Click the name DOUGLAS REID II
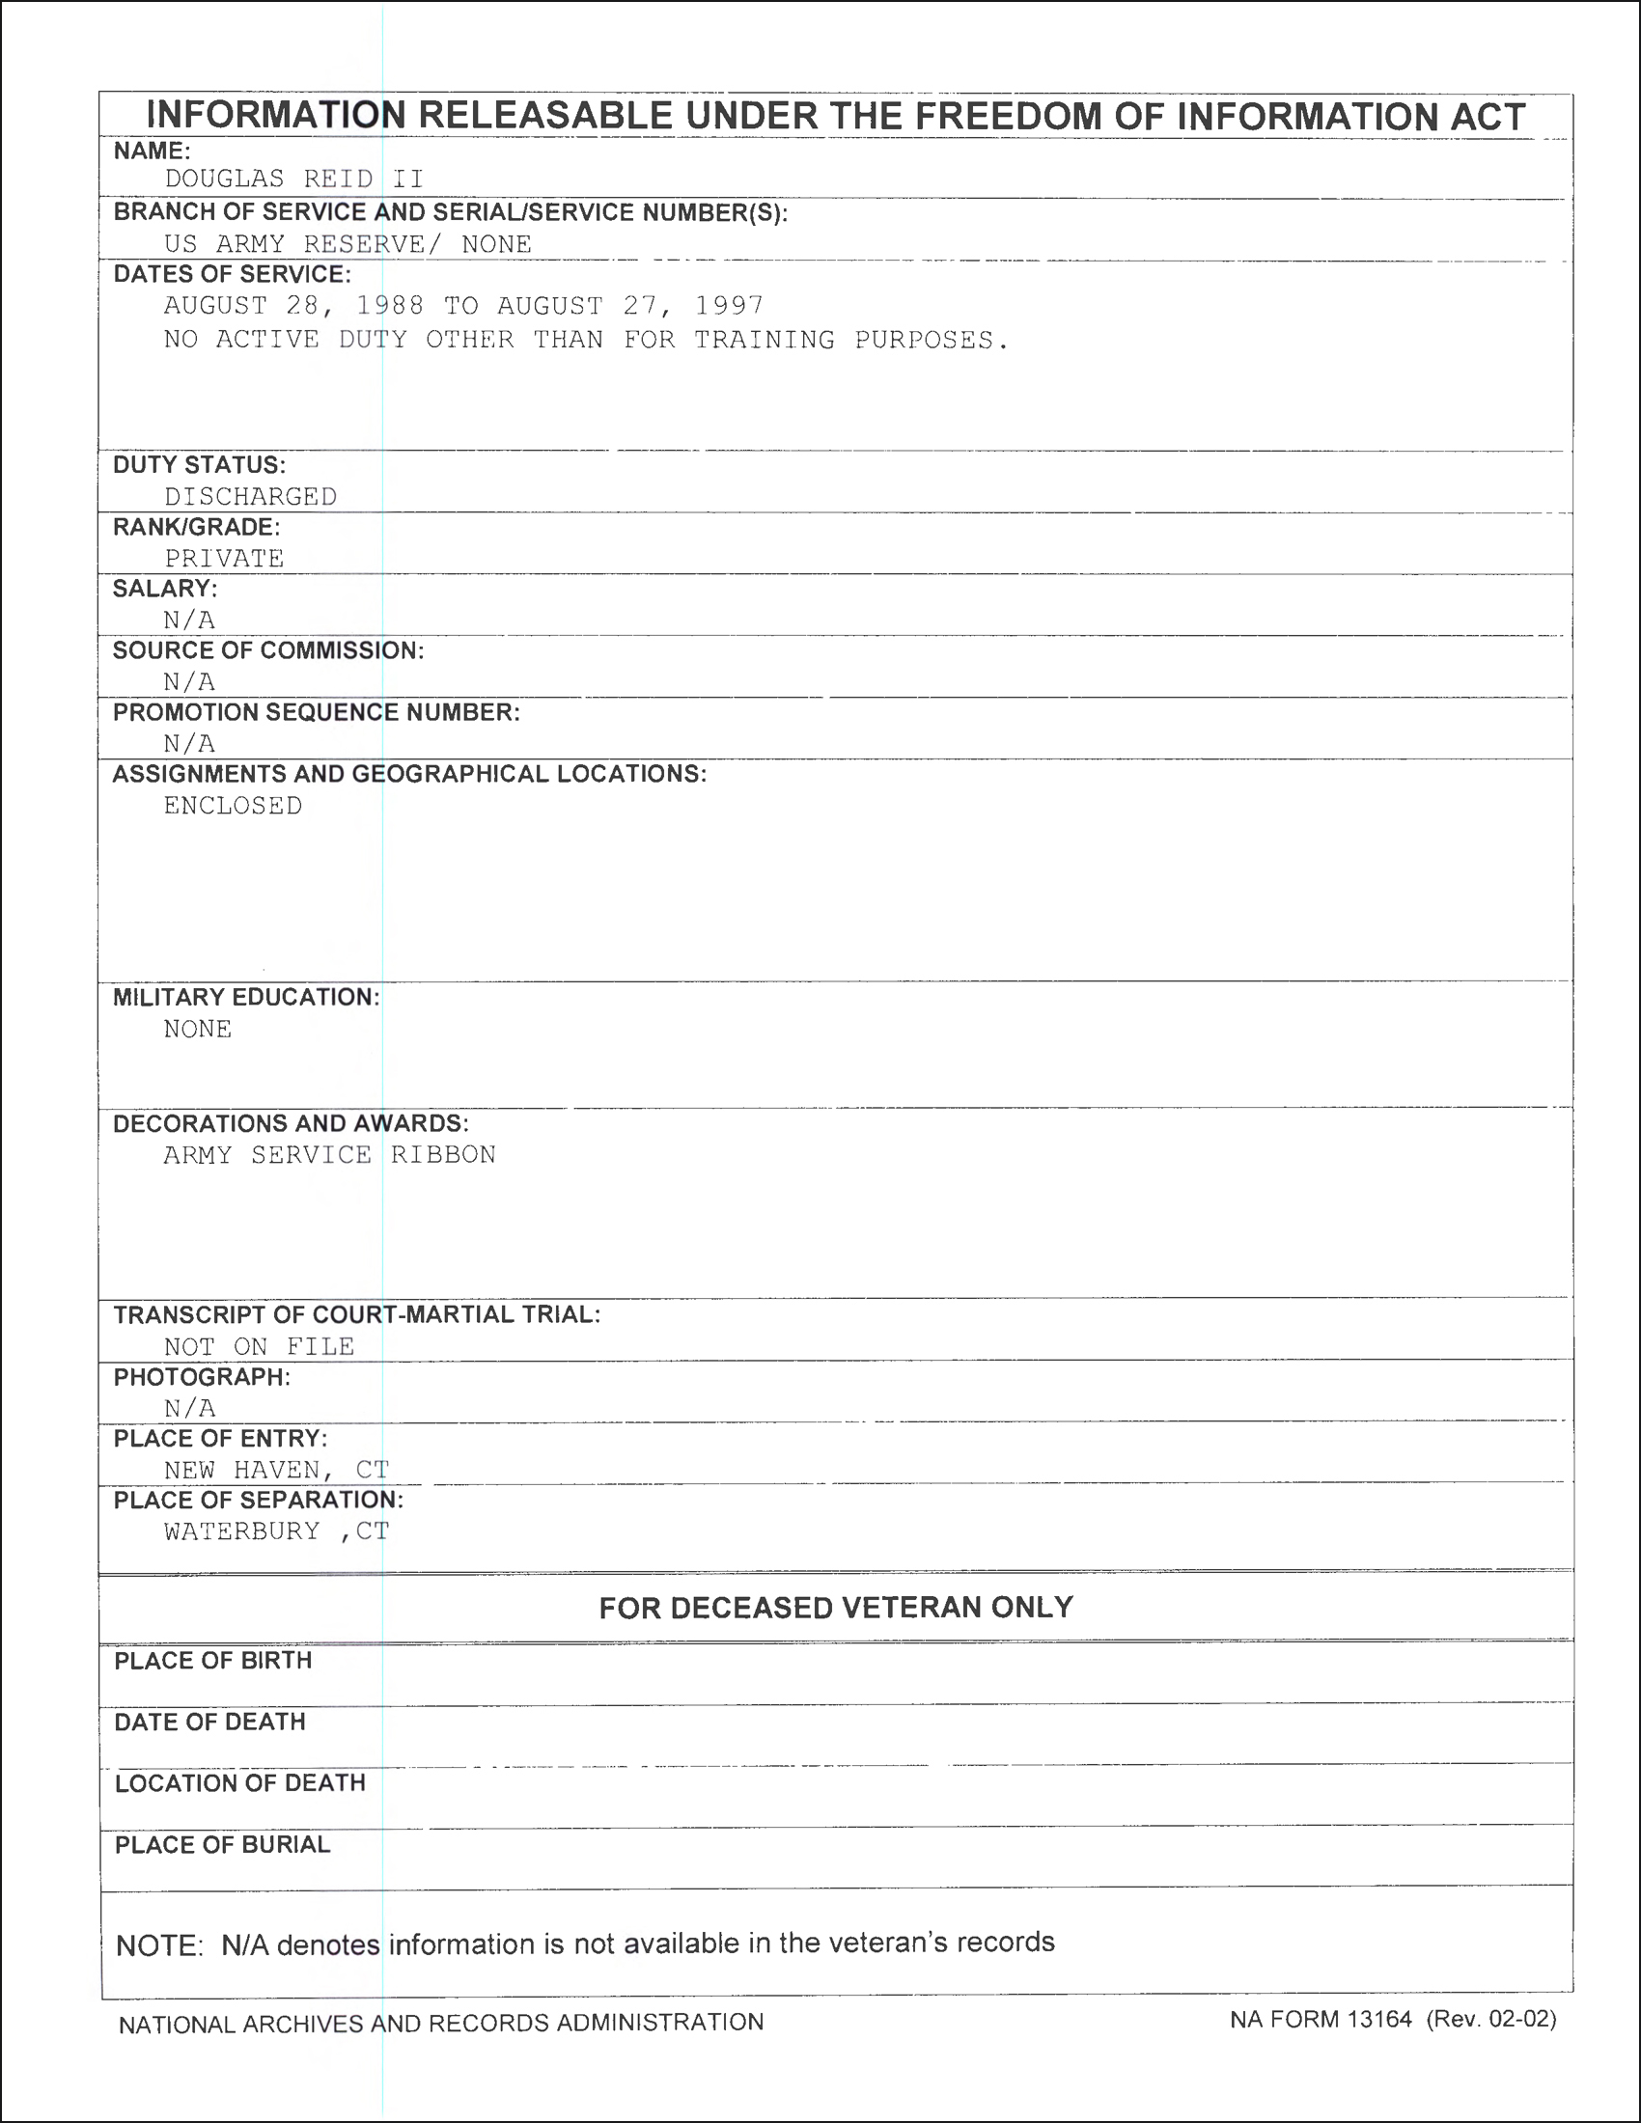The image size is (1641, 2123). coord(293,179)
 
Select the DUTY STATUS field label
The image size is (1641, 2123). coord(199,465)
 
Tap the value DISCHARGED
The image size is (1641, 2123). coord(251,497)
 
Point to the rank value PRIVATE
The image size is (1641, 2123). coord(224,559)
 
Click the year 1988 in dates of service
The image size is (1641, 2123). coord(390,306)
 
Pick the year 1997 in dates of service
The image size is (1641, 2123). coord(728,306)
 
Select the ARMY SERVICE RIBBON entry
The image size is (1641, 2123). coord(329,1155)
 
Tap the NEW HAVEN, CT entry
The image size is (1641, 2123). coord(276,1470)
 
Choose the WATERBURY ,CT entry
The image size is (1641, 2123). coord(276,1532)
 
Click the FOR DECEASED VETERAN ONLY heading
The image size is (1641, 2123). coord(836,1608)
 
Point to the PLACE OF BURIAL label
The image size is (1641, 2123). coord(223,1845)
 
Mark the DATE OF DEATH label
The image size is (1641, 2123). coord(210,1723)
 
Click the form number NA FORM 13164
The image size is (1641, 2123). coord(1321,2020)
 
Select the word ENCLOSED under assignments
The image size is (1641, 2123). coord(234,806)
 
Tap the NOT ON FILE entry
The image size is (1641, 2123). coord(259,1347)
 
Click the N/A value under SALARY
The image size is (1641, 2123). coord(189,620)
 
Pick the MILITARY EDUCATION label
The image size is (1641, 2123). coord(246,998)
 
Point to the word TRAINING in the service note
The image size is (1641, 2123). coord(765,341)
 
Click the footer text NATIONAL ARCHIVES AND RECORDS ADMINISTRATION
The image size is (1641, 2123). coord(441,2023)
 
